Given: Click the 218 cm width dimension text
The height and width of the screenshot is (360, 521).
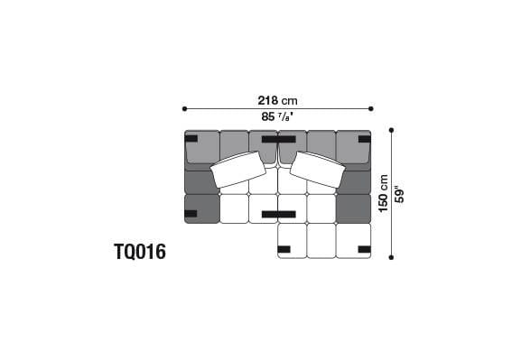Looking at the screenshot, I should pos(276,100).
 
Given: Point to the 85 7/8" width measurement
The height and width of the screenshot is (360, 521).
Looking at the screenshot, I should pos(276,117).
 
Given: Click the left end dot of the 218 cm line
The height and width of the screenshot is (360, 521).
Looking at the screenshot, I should pos(184,109).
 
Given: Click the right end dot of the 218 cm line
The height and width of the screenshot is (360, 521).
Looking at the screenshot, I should pos(371,109).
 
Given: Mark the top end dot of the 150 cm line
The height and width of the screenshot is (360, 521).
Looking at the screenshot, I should pos(391,130).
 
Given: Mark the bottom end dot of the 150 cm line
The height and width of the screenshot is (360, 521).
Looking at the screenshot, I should pos(391,257).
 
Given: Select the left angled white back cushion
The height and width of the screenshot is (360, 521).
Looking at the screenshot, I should pos(238,169).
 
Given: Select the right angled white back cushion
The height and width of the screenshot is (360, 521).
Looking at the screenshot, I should pos(317,169).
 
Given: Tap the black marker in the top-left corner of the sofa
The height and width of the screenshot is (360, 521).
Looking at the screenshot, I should pos(191,139).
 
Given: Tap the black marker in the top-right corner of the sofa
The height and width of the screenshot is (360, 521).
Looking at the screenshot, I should pos(363,139).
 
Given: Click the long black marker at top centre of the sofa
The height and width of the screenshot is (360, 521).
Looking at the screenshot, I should pos(277,139).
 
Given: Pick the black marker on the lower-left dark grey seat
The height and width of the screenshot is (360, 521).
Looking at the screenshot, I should pos(191,214).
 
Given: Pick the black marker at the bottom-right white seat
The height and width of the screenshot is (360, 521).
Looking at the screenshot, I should pos(363,248).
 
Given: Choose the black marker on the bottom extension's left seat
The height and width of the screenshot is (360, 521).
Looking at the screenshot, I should pos(284,248).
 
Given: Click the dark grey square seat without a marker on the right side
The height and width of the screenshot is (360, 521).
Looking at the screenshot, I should pos(353,208).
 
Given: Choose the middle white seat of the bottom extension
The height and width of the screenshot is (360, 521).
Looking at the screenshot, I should pos(321,241).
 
